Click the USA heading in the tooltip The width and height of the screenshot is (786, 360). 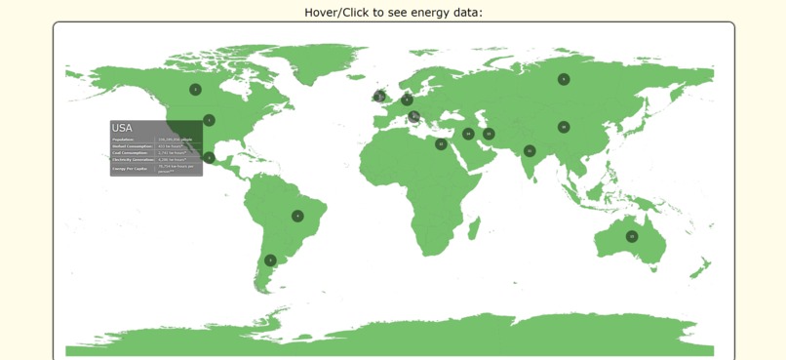[122, 128]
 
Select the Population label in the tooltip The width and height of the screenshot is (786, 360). [124, 140]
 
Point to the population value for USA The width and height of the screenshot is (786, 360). [176, 140]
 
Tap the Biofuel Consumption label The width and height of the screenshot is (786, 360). [133, 146]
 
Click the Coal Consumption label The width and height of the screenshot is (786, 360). [131, 153]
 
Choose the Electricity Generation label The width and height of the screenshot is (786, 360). [133, 159]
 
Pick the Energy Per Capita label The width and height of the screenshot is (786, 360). [130, 169]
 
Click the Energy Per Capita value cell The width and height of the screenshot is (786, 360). [177, 168]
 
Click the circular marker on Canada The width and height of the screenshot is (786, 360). [195, 90]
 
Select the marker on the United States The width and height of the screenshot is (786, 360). [209, 120]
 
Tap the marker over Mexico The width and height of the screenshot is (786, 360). [209, 157]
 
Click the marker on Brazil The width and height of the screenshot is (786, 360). [297, 216]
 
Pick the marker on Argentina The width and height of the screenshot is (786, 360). [270, 260]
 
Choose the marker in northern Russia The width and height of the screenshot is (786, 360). [564, 79]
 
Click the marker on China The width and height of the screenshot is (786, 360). [564, 127]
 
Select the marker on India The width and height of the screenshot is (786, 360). [530, 151]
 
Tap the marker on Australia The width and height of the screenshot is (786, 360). [632, 236]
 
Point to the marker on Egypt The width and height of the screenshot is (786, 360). [441, 144]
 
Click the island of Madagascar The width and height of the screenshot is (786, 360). [475, 228]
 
